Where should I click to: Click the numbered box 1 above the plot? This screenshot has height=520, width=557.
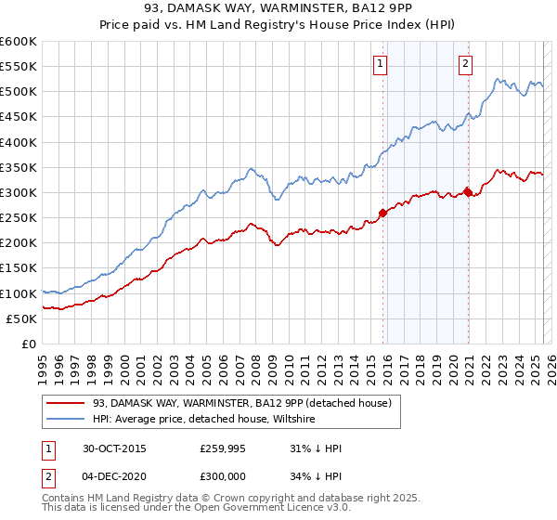(382, 64)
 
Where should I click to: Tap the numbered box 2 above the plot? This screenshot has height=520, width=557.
(464, 64)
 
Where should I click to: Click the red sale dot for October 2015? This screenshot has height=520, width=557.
(382, 213)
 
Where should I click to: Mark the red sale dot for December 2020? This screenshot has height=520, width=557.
(467, 192)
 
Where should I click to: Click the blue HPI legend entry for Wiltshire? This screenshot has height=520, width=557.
(203, 419)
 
